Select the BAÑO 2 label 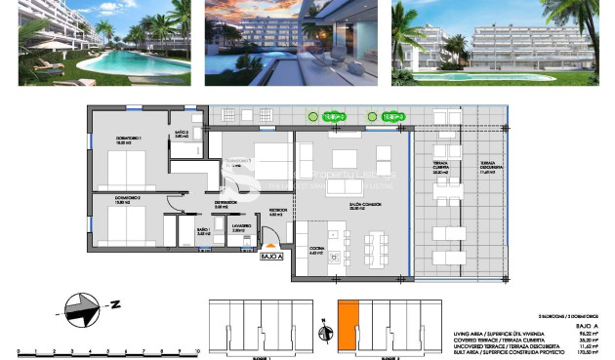coord(181,133)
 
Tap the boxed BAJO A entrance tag coord(270,257)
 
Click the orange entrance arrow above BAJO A coord(270,245)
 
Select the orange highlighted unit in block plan coord(348,325)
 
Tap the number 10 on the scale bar coord(196,347)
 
